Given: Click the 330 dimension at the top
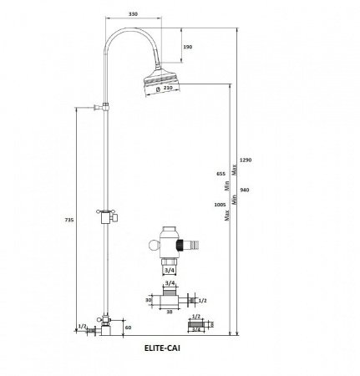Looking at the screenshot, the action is coord(133,14).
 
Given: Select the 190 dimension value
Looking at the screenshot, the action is coord(188,47).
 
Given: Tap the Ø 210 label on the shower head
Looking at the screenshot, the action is coord(165,89).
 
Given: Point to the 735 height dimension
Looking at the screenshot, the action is coord(69,220).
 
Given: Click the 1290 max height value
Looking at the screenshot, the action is coord(246,160).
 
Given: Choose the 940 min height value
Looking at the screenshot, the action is coord(245,190).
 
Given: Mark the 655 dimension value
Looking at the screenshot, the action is coord(221,174).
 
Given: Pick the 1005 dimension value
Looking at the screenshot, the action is coord(220,205).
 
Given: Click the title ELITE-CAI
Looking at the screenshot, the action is coord(162,348).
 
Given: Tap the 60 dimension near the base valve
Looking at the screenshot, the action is coord(128,328).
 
